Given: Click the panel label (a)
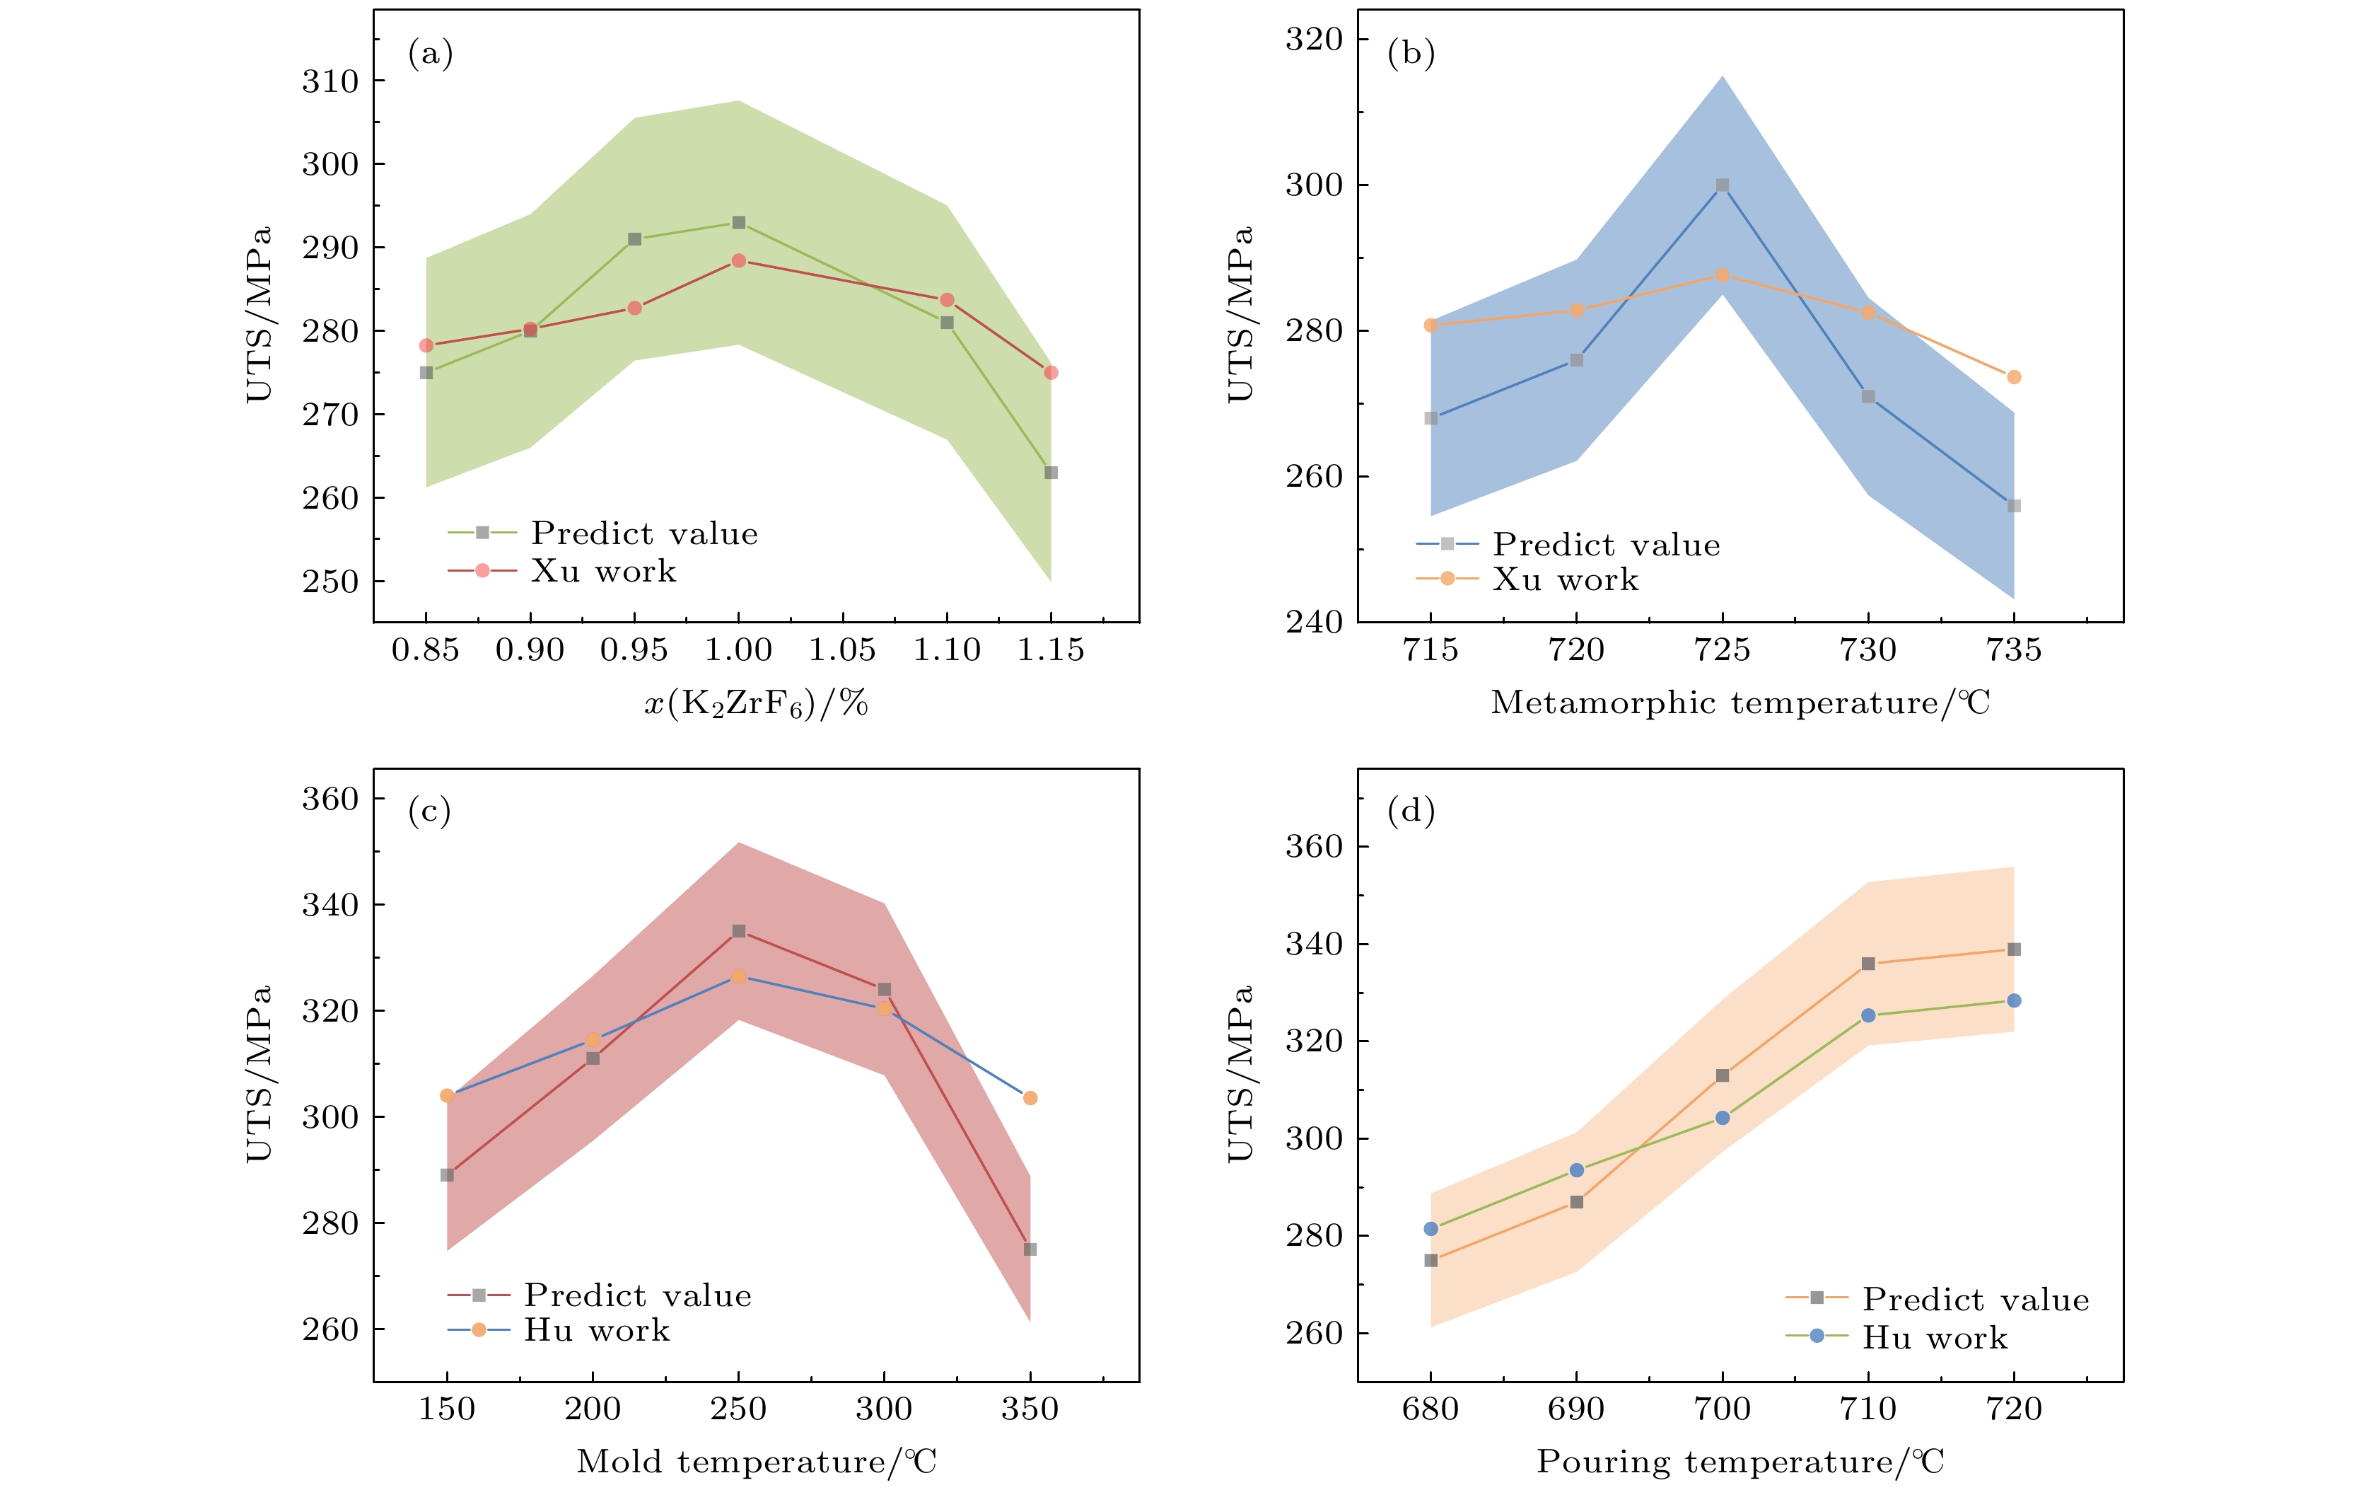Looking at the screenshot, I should click(431, 53).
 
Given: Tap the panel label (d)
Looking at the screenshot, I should click(1411, 811).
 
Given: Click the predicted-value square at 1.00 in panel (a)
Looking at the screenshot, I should click(739, 223).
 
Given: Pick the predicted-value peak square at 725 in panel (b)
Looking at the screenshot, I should click(1723, 185).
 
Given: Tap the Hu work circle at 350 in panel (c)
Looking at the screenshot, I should click(1030, 1098).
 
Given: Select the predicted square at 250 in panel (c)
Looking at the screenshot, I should click(739, 931).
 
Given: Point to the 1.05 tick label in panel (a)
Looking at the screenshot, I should click(842, 649).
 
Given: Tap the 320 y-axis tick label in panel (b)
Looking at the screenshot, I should click(1314, 40).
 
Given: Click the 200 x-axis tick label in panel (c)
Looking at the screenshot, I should click(593, 1409).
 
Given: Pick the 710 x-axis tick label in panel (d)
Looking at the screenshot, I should click(1868, 1409).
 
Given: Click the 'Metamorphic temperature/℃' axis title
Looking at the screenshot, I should click(1740, 703).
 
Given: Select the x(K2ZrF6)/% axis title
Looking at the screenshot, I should click(756, 704).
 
